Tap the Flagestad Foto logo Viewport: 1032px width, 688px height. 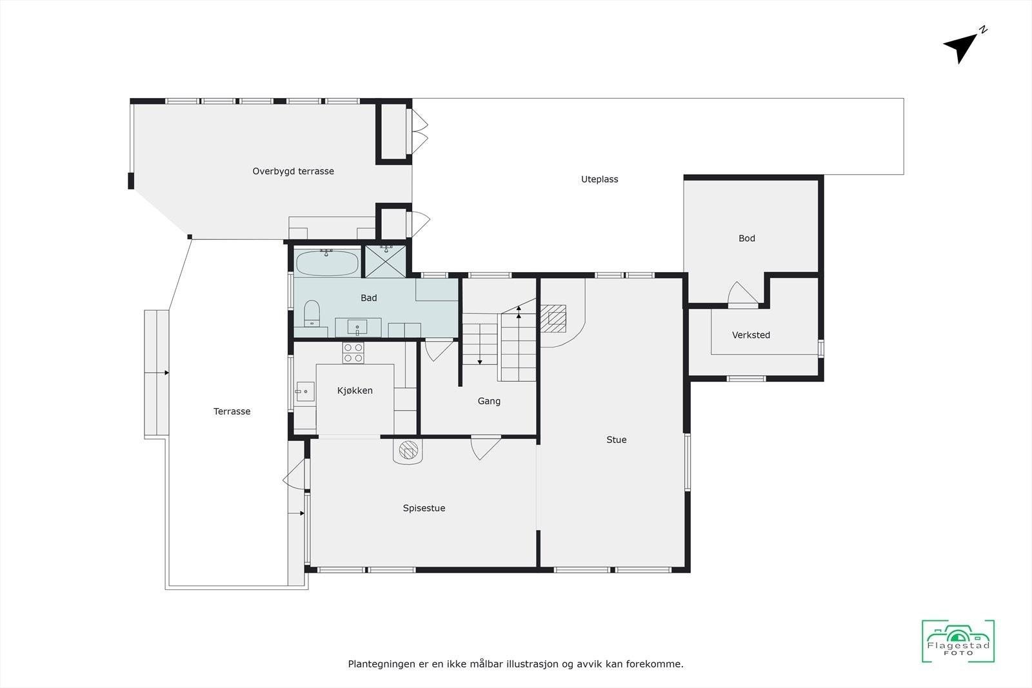pyautogui.click(x=958, y=642)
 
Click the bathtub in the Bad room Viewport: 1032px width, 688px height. pyautogui.click(x=327, y=263)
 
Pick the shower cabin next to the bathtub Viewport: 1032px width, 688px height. pyautogui.click(x=386, y=261)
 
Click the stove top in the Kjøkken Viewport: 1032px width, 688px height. pyautogui.click(x=353, y=353)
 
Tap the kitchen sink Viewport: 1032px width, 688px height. pyautogui.click(x=305, y=391)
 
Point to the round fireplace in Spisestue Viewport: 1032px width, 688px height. pyautogui.click(x=408, y=450)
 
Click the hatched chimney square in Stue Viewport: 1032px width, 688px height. pyautogui.click(x=553, y=318)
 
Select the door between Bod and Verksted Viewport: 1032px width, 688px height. pyautogui.click(x=742, y=295)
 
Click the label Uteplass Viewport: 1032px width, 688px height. pyautogui.click(x=599, y=179)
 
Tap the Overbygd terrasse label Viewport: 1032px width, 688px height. pyautogui.click(x=293, y=171)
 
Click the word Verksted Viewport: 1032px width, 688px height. pyautogui.click(x=751, y=335)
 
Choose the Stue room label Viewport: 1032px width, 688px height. pyautogui.click(x=616, y=440)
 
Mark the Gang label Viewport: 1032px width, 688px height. pyautogui.click(x=489, y=401)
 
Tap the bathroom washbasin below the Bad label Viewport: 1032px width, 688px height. pyautogui.click(x=357, y=328)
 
